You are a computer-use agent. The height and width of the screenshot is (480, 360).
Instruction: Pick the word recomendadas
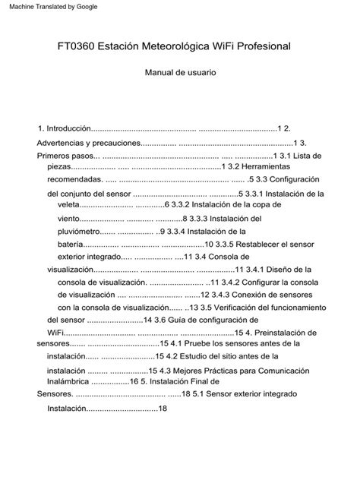74,180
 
